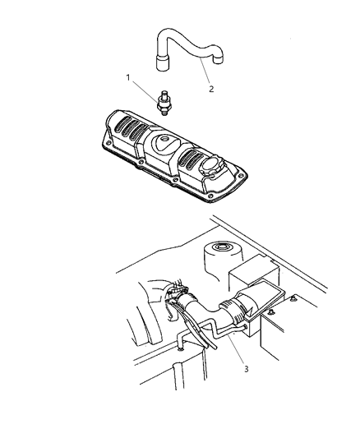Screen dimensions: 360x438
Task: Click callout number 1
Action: tap(128, 77)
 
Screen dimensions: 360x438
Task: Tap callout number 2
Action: tap(211, 89)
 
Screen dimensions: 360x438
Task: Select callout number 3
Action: tap(246, 369)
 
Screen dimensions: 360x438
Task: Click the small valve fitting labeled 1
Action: tap(164, 103)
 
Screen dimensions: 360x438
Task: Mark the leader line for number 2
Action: tap(205, 71)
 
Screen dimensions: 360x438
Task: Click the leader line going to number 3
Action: tap(236, 349)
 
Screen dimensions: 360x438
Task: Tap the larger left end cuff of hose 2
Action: tap(162, 62)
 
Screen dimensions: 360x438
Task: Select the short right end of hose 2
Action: tap(218, 58)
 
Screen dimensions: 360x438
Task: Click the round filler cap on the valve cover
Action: tap(210, 167)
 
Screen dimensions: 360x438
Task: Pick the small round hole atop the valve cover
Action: tap(164, 138)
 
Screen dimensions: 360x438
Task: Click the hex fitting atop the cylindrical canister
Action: tap(221, 247)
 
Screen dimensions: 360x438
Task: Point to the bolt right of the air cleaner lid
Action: tap(293, 298)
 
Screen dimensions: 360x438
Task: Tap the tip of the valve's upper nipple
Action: tap(165, 91)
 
